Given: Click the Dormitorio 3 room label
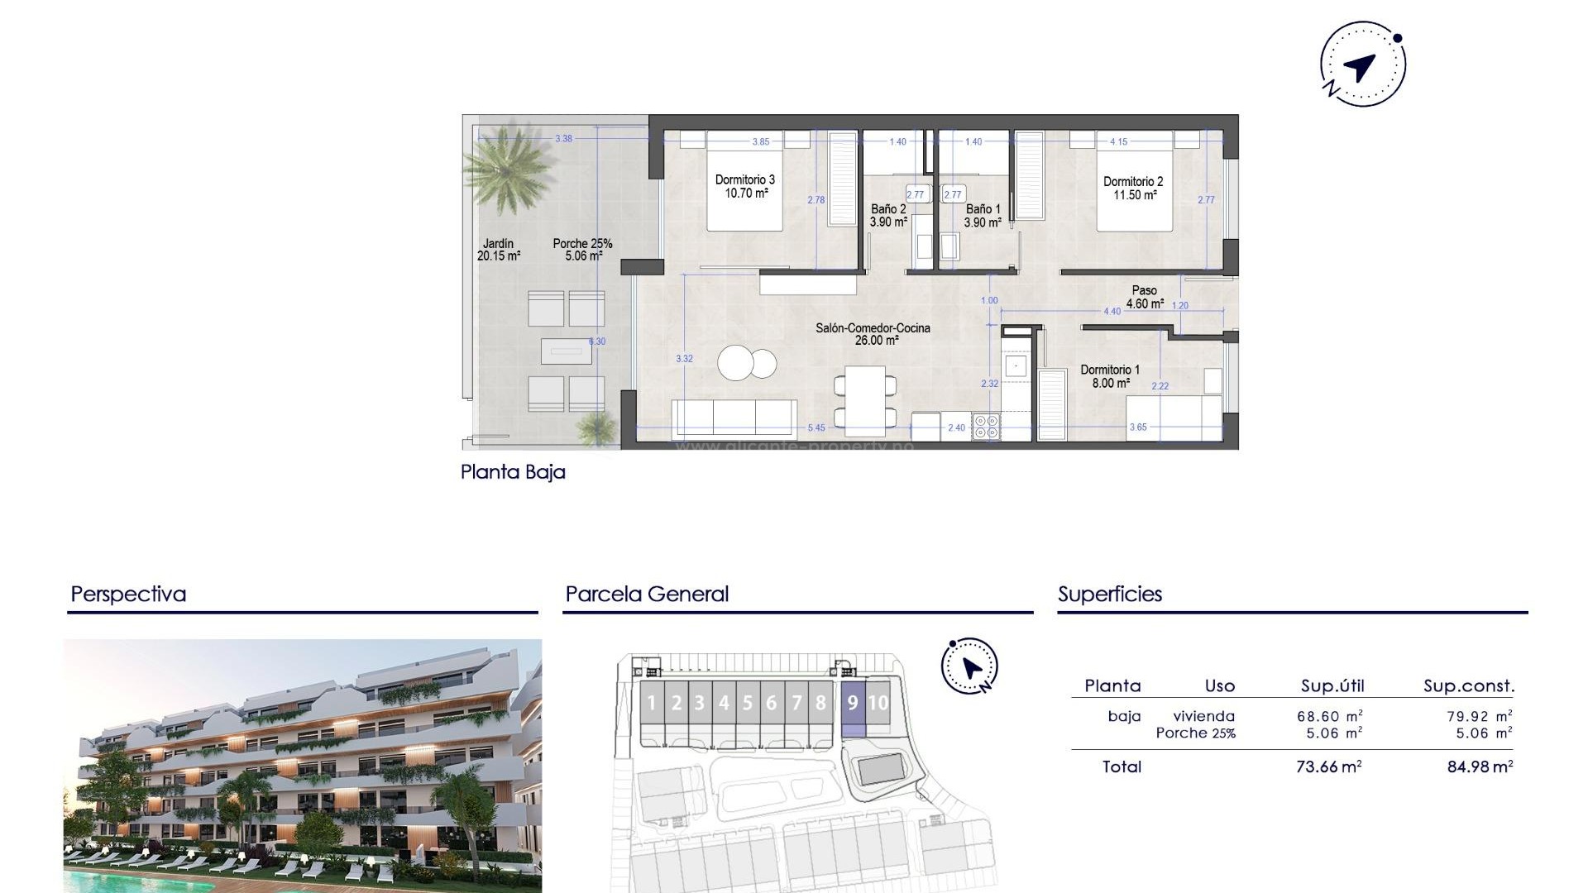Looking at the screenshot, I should point(745,186).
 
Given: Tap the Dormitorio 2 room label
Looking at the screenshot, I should point(1133,188).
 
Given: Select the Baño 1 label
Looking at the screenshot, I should point(983,216).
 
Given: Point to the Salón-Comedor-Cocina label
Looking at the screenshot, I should point(873,334).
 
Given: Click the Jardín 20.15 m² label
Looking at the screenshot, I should point(498,250).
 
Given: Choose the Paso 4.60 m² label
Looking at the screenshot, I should point(1145,297).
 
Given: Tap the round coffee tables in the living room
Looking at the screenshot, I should point(747,362).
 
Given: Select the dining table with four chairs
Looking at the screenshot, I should point(865,400).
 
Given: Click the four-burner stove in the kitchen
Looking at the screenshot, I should point(986,427).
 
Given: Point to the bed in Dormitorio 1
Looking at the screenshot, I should point(1174,417).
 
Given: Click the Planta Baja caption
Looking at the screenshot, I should point(513,472).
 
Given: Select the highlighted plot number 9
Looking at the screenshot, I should point(853,703).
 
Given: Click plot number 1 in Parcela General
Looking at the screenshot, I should point(651,703).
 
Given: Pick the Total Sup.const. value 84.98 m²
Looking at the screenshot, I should point(1480,766).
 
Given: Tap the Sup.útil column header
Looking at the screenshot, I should point(1332,685).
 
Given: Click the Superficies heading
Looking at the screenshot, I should point(1110,594).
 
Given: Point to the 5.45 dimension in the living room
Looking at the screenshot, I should point(816,427).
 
